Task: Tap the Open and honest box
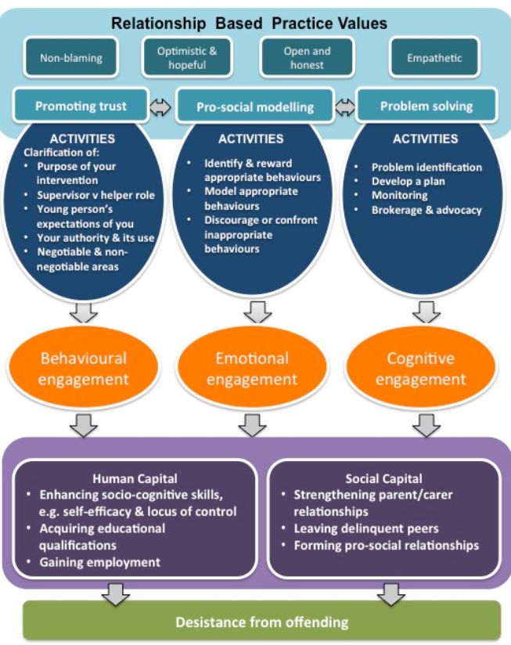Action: point(306,58)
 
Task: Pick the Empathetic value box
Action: point(434,58)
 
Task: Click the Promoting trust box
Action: point(81,106)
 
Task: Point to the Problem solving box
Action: point(426,106)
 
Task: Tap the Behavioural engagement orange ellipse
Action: point(84,368)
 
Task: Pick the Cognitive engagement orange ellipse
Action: point(420,368)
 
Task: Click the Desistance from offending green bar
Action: point(261,622)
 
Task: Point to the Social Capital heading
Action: point(383,478)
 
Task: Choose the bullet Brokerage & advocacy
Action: point(426,210)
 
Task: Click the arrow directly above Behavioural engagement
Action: point(84,312)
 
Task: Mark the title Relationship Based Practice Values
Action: point(249,23)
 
